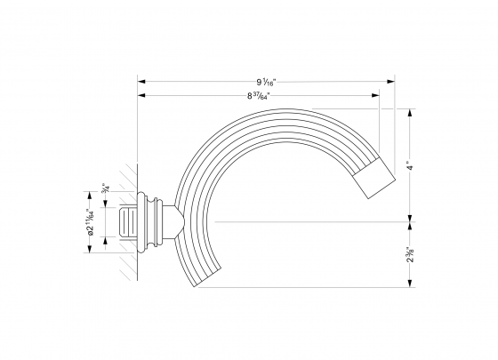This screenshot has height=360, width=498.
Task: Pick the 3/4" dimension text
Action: [104, 186]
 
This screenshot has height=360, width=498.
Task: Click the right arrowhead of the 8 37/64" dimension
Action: [377, 94]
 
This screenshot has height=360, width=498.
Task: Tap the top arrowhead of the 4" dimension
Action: [410, 113]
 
